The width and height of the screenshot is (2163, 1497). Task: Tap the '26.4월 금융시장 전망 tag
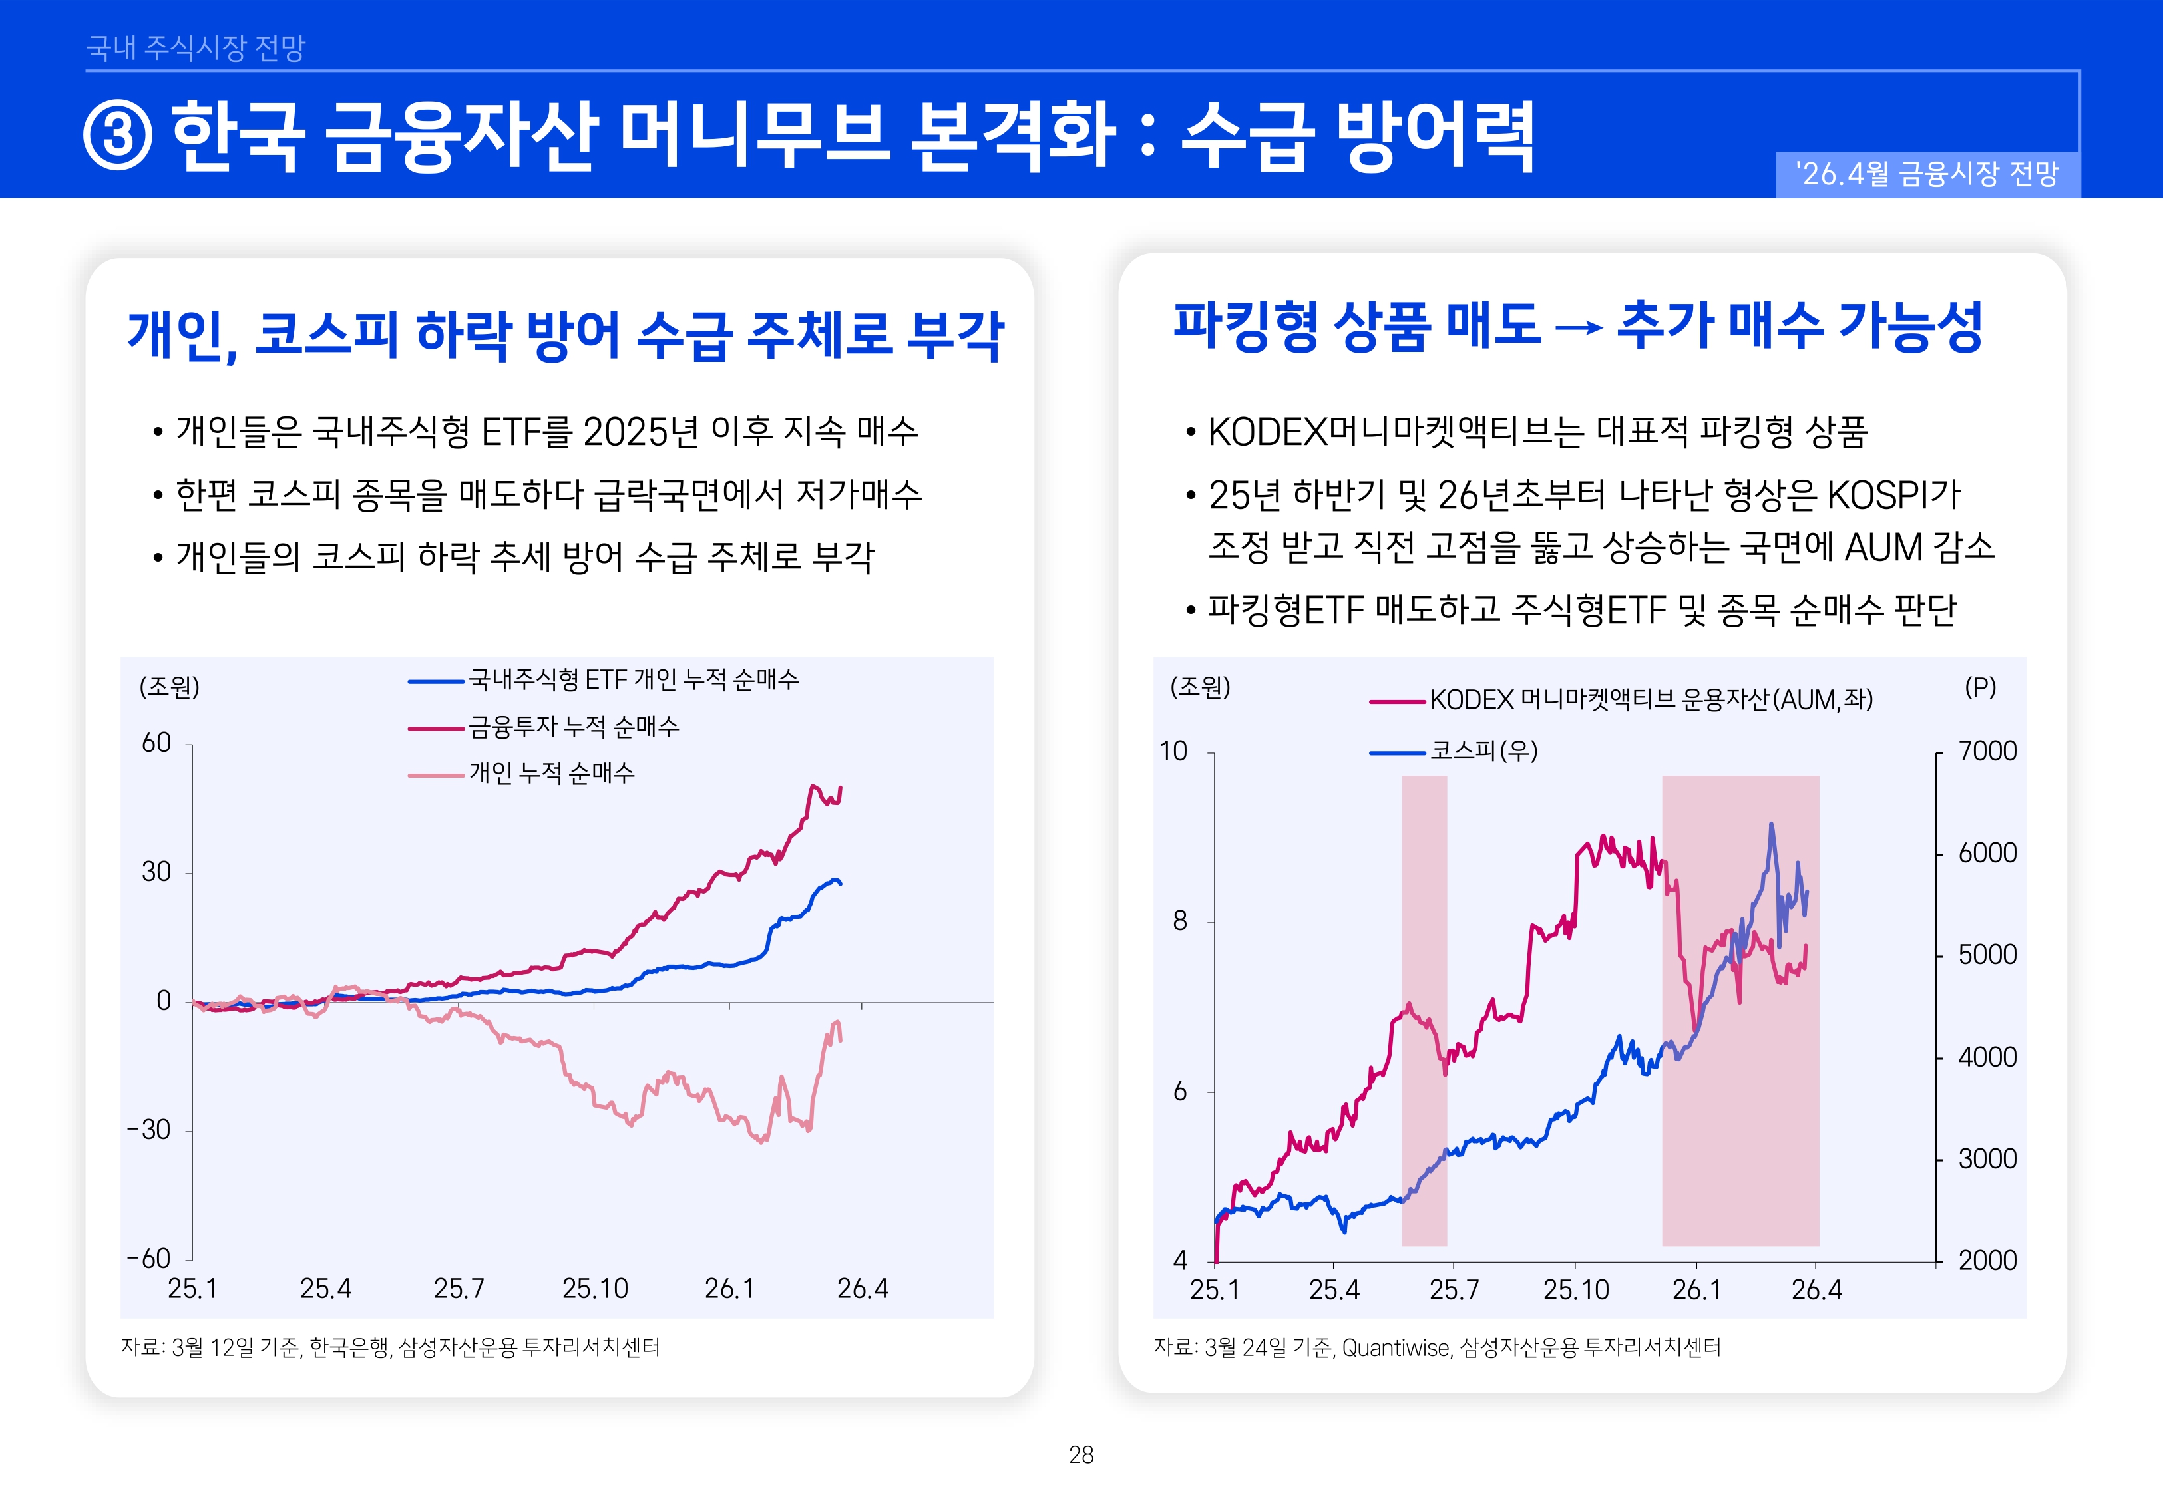[x=1927, y=174]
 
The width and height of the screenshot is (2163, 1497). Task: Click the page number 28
[x=1081, y=1455]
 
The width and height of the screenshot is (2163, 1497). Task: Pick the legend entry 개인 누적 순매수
[x=552, y=773]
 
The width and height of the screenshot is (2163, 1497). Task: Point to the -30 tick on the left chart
[x=149, y=1129]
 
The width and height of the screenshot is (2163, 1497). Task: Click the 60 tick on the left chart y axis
[x=156, y=743]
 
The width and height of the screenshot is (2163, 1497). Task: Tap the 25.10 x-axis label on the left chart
[x=595, y=1288]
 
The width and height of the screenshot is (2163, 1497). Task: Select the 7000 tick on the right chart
[x=1987, y=750]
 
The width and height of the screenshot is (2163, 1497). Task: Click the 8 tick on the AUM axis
[x=1179, y=921]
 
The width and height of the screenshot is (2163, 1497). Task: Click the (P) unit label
[x=1980, y=687]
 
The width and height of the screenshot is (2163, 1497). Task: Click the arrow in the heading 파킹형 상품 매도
[x=1579, y=327]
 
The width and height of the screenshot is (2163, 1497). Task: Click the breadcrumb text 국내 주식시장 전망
[x=195, y=47]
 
